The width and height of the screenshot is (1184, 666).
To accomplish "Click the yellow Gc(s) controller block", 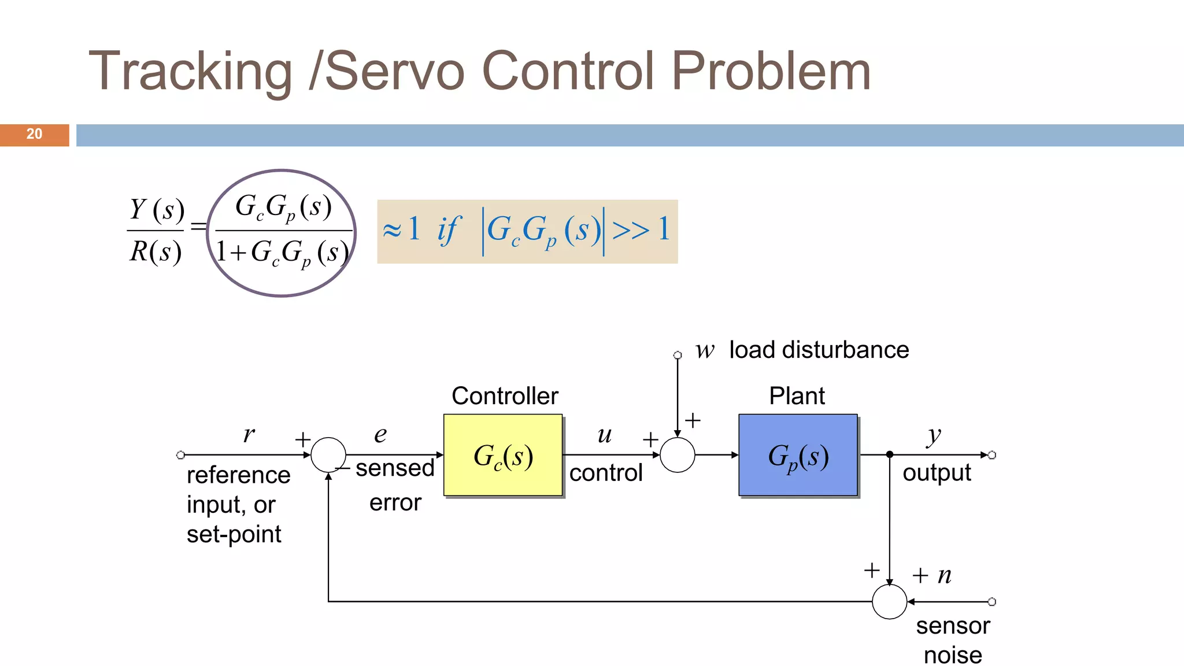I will tap(503, 455).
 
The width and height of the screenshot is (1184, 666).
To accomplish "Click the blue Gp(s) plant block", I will tap(798, 455).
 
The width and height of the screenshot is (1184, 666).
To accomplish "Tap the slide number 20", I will tap(34, 134).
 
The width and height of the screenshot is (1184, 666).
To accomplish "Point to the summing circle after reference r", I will tap(328, 455).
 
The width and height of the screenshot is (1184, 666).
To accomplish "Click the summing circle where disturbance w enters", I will tap(678, 455).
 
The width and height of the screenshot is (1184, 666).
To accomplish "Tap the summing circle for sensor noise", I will tap(889, 602).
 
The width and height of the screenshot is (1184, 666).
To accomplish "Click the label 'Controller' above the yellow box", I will tap(505, 396).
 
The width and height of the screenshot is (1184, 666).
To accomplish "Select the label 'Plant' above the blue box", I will tap(797, 396).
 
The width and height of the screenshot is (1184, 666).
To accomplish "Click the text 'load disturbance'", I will tap(819, 350).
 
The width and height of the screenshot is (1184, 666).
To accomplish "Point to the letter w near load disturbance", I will tap(705, 350).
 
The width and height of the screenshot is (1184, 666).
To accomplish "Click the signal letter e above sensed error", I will tap(380, 435).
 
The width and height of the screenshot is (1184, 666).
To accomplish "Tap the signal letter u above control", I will tap(605, 435).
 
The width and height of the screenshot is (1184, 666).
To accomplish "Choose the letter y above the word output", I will tap(934, 436).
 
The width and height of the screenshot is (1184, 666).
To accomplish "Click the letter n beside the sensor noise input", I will tap(945, 575).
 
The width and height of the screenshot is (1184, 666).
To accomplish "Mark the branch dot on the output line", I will tap(890, 455).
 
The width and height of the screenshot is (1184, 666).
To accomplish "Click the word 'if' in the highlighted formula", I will tap(449, 230).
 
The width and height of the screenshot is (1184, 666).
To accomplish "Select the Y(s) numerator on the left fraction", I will tap(157, 209).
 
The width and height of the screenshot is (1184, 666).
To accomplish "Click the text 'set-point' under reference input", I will tap(234, 534).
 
